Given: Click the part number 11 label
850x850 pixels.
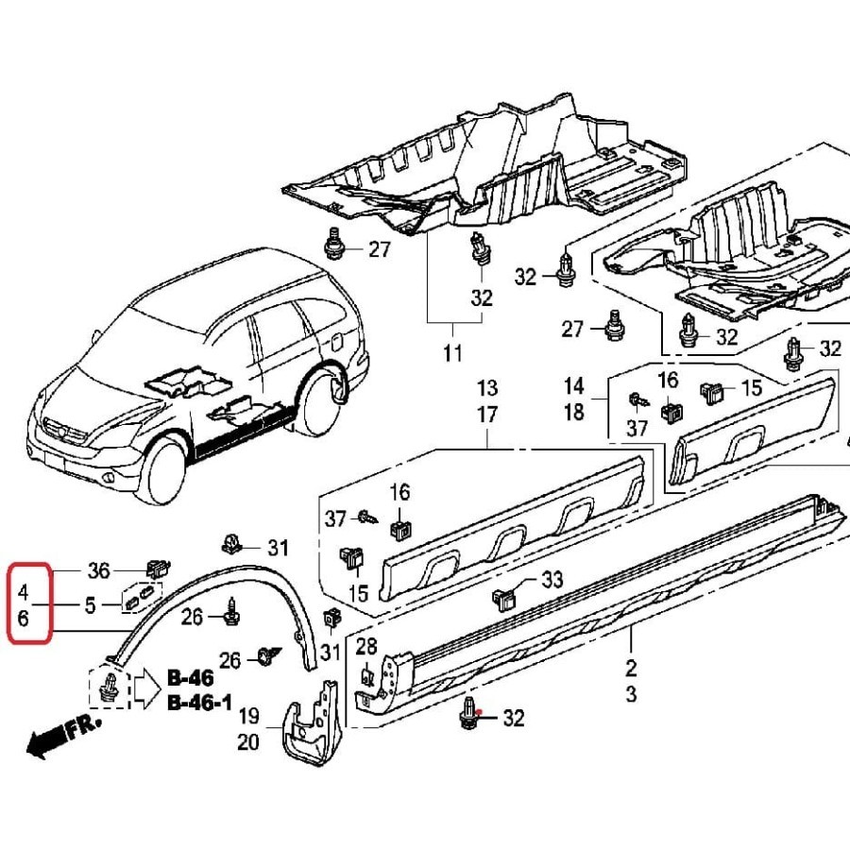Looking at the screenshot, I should tap(452, 354).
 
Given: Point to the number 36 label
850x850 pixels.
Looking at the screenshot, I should tap(98, 570).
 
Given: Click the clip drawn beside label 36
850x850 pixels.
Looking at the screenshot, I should tap(156, 569).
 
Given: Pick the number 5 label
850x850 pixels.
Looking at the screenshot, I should tap(90, 605).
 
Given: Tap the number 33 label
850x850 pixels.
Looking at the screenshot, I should tap(551, 579).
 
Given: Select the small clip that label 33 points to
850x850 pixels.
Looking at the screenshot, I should tap(503, 598).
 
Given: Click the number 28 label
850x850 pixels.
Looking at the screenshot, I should tap(366, 646).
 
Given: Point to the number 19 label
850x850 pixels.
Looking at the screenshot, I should tap(248, 716).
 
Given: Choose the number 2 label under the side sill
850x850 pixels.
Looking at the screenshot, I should tap(631, 669).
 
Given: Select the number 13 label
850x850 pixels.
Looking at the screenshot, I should tap(486, 388).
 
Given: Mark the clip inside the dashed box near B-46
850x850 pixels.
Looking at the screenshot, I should tap(112, 687).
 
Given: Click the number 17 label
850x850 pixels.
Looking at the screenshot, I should tap(486, 414).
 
